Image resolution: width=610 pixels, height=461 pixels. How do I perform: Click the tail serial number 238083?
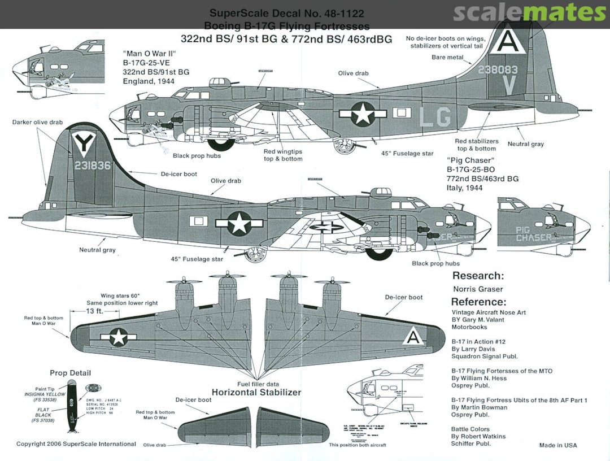pyautogui.click(x=497, y=70)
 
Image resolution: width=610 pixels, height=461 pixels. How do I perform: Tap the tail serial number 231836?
pyautogui.click(x=91, y=166)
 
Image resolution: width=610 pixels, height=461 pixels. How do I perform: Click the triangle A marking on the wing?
pyautogui.click(x=413, y=337)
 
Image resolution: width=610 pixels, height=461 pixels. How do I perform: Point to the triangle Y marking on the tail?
pyautogui.click(x=84, y=143)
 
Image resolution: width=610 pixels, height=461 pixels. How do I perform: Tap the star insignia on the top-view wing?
pyautogui.click(x=119, y=337)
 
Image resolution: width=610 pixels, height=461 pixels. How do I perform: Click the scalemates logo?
pyautogui.click(x=529, y=12)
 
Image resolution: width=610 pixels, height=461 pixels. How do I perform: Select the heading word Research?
pyautogui.click(x=477, y=276)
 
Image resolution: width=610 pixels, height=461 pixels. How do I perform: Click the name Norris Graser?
pyautogui.click(x=478, y=289)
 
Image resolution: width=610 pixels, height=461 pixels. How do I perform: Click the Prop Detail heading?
pyautogui.click(x=70, y=373)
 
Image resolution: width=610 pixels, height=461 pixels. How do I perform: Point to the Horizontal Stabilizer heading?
pyautogui.click(x=256, y=392)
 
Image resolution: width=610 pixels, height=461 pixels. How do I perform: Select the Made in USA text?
pyautogui.click(x=557, y=445)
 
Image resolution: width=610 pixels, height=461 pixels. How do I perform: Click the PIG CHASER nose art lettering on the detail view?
pyautogui.click(x=534, y=234)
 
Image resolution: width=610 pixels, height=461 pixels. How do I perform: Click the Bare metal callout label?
pyautogui.click(x=447, y=58)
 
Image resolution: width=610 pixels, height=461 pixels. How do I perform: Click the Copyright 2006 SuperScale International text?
pyautogui.click(x=76, y=444)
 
